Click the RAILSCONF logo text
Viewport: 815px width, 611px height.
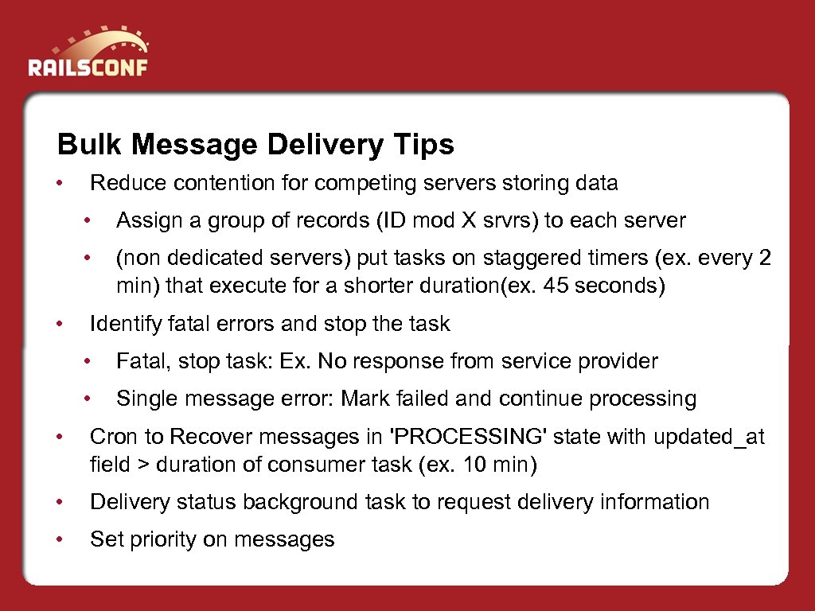(88, 66)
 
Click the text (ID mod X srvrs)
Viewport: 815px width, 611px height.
(457, 220)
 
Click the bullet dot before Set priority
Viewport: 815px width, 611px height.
(59, 539)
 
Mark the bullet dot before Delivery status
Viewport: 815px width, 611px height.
(59, 502)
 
